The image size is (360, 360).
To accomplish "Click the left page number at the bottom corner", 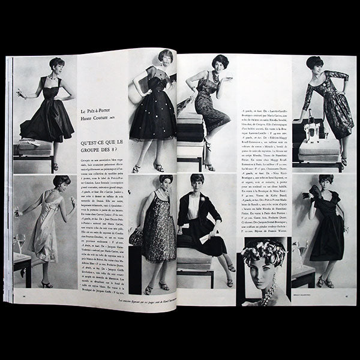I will [17, 295].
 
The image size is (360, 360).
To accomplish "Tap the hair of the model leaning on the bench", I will [314, 62].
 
